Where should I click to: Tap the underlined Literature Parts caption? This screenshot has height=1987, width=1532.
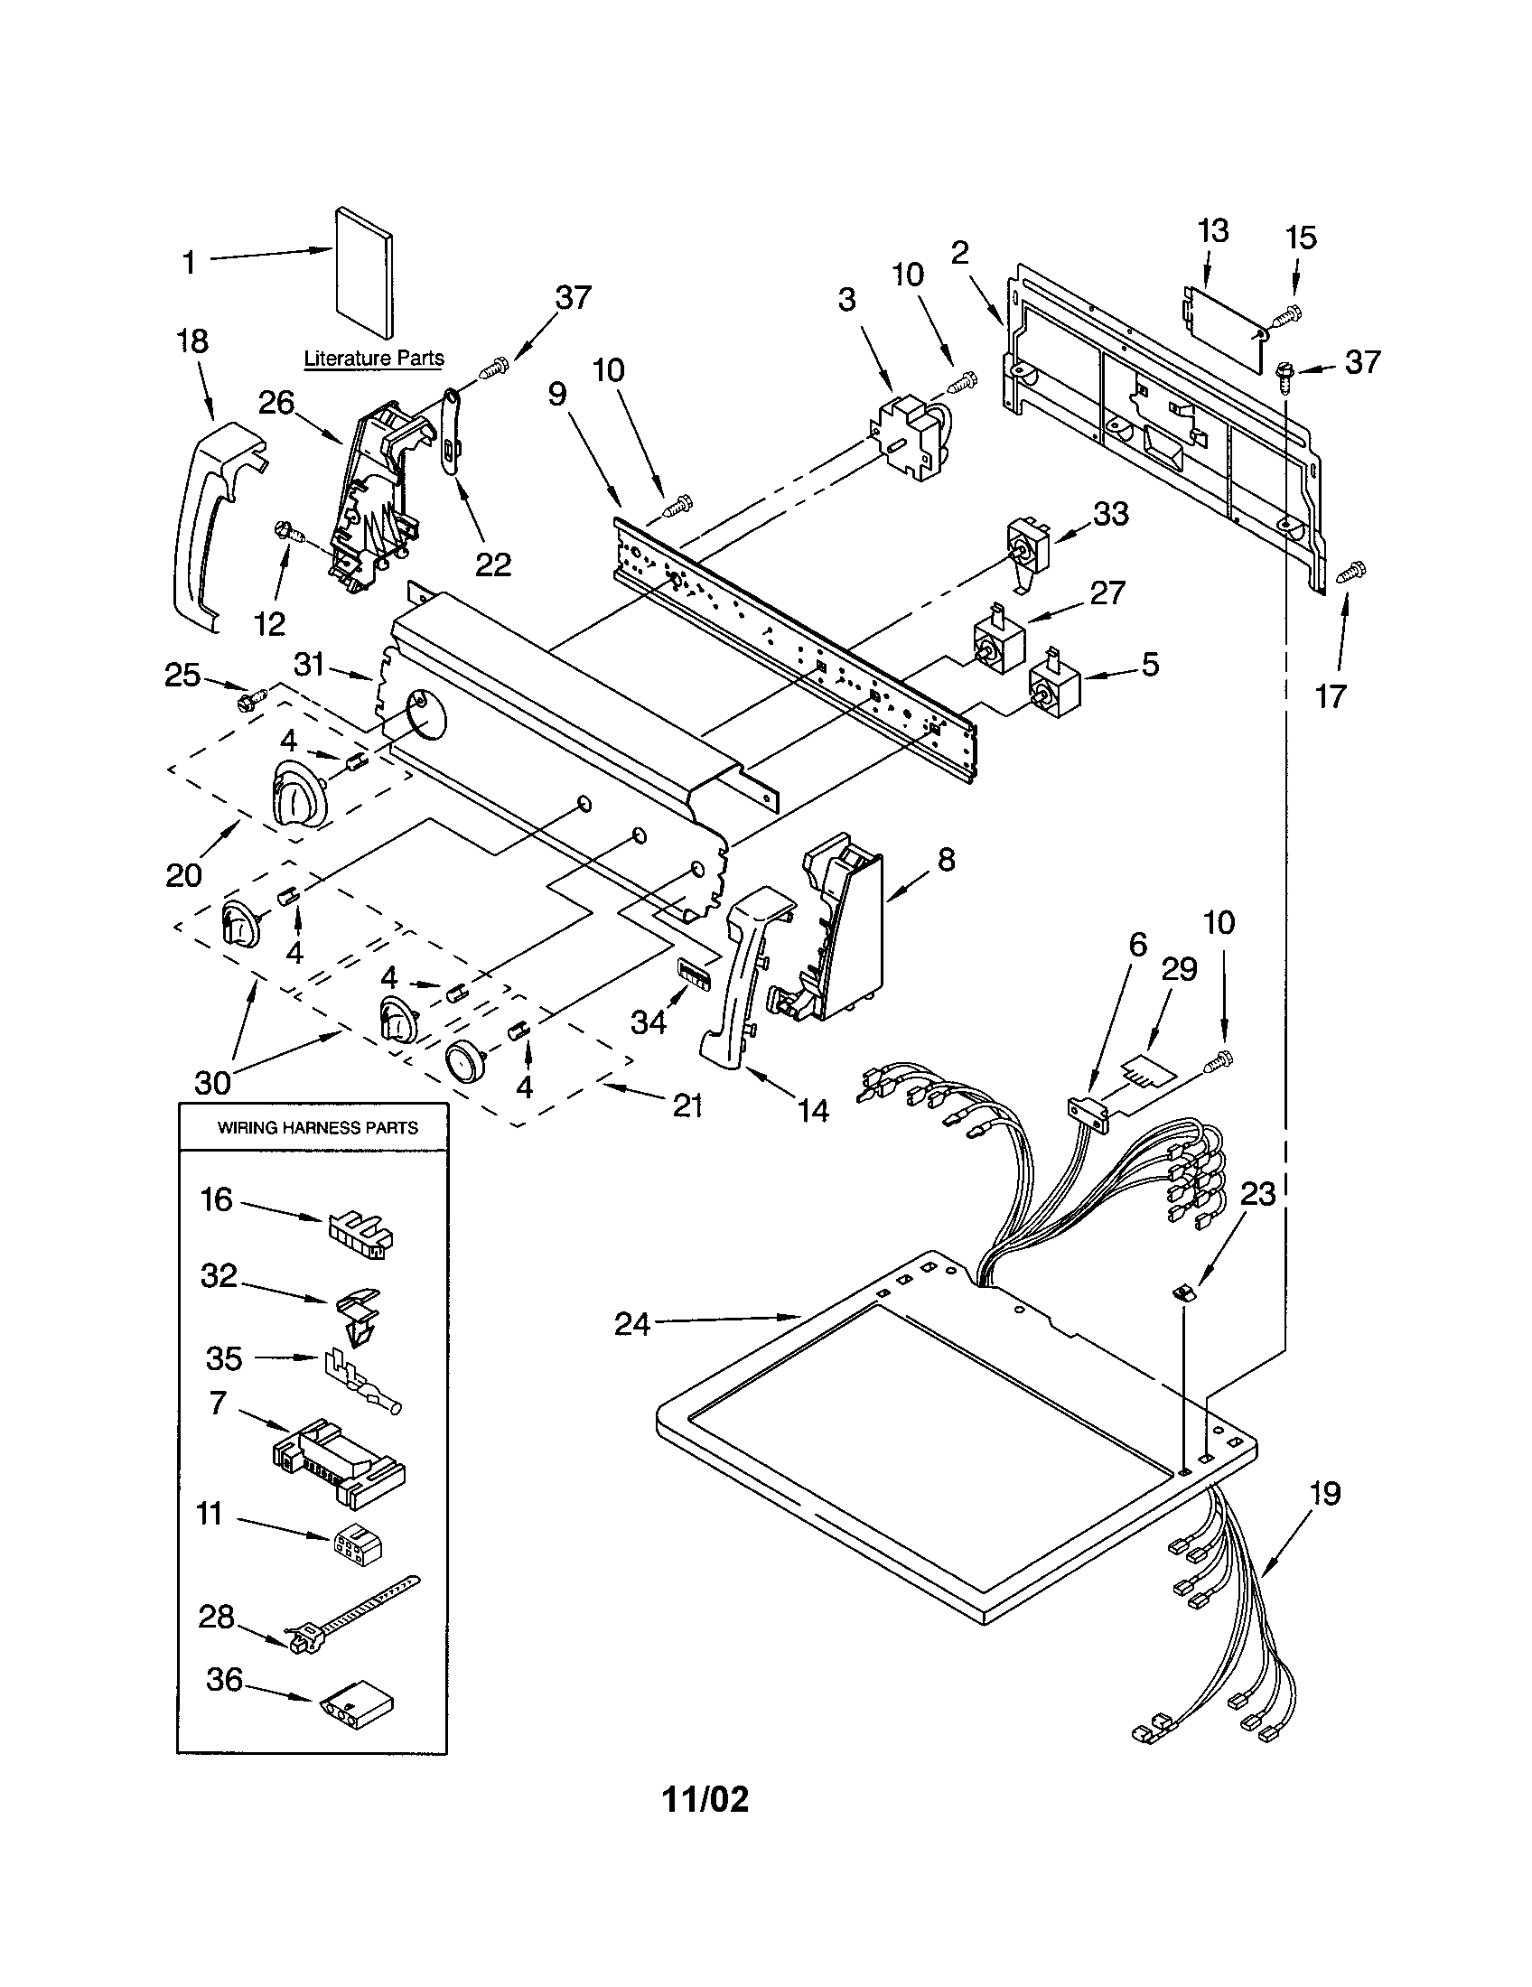374,358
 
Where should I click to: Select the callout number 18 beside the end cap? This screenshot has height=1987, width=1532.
192,341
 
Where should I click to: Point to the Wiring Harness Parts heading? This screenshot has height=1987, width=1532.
317,1127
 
